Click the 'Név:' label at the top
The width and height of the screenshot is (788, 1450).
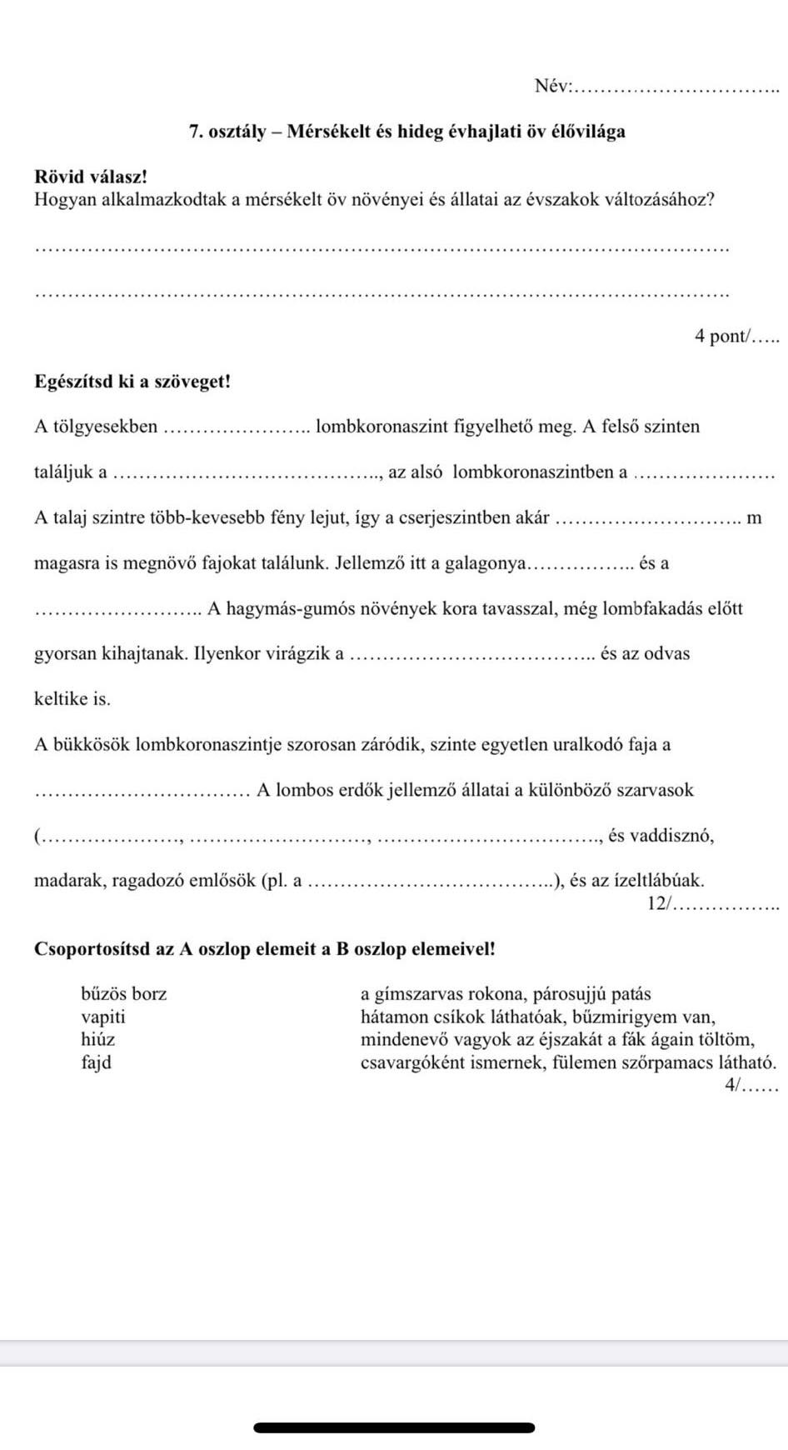click(553, 86)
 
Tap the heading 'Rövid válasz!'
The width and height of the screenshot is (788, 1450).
click(91, 177)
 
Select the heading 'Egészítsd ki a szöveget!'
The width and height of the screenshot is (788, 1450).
click(132, 382)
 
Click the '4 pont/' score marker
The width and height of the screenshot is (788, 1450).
click(723, 336)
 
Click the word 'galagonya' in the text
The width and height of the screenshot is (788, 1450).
click(485, 563)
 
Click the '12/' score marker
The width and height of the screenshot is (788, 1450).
click(658, 903)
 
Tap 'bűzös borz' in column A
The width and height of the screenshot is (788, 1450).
click(123, 993)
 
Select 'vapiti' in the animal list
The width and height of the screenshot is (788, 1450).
click(103, 1017)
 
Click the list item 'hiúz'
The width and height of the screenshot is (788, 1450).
click(97, 1039)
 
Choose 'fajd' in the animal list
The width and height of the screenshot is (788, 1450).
click(96, 1062)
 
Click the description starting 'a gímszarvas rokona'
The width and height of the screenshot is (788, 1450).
click(506, 993)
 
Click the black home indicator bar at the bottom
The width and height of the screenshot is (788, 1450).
click(394, 1427)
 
